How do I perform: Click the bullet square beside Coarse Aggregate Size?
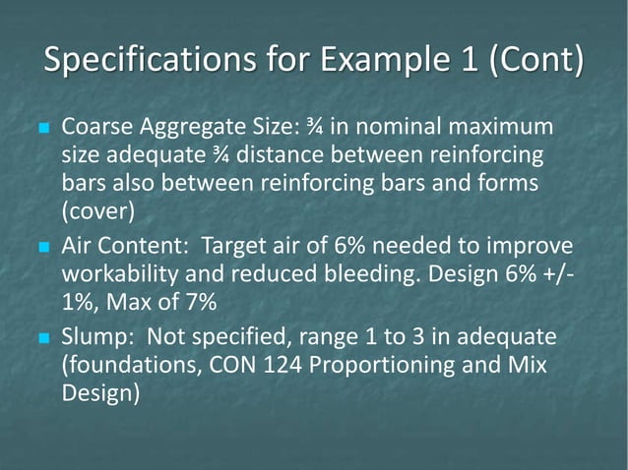pos(41,130)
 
